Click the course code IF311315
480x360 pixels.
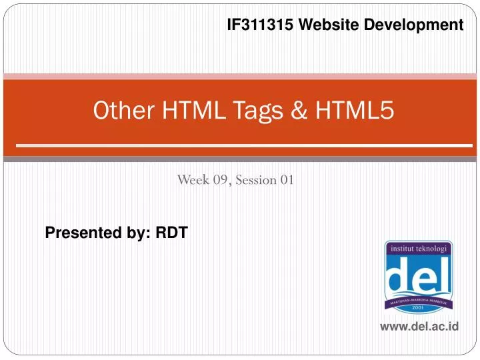259,25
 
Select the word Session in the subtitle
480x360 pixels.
255,179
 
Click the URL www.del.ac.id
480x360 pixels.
419,327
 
